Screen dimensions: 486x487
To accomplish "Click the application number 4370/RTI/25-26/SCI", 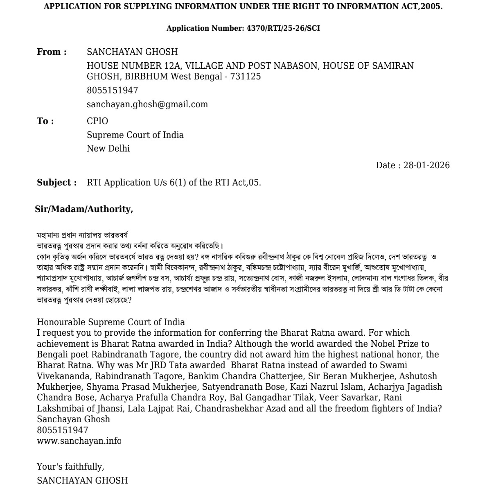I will pos(283,28).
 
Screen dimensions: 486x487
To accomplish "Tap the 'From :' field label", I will pos(52,52).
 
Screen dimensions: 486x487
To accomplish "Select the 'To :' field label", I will pos(45,121).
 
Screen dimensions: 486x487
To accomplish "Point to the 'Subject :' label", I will pos(56,183).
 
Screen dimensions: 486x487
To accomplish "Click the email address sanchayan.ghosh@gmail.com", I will pos(147,104).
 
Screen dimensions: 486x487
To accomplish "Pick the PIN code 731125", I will pos(245,77).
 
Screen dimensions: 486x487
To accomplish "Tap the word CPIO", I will pos(97,121).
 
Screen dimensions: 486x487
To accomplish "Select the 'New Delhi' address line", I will pos(108,149).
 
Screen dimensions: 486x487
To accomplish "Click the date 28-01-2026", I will pos(426,165).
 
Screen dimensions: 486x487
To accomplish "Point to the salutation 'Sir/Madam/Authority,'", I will pos(84,209).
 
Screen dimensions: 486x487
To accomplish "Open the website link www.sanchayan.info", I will pos(79,441).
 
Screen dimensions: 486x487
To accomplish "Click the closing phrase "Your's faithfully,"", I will pos(70,467).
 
